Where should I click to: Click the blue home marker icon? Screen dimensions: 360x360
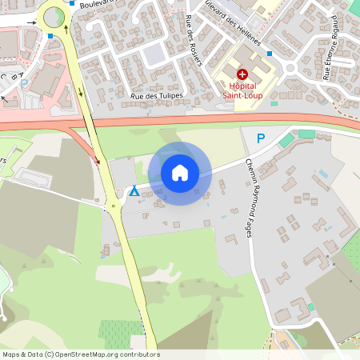[180, 173]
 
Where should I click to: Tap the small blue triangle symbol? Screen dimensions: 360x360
[134, 192]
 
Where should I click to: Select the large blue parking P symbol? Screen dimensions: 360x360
[260, 138]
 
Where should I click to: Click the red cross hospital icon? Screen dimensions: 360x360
[242, 74]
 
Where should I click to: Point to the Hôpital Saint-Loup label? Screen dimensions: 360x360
[242, 89]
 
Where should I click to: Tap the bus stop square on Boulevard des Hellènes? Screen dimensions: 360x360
[270, 54]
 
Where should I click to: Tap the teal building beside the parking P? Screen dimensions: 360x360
[286, 140]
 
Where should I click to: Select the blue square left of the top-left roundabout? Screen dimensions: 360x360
[50, 36]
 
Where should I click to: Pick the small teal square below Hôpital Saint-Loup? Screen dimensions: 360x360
[274, 103]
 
